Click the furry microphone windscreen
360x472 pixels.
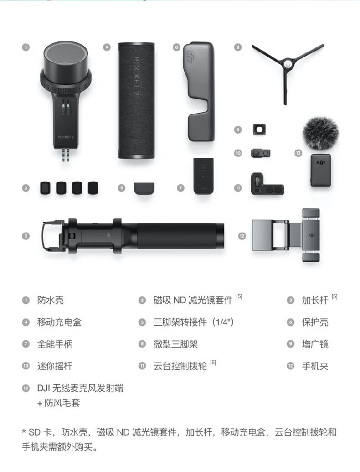tap(321, 133)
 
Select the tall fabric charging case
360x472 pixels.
tap(136, 100)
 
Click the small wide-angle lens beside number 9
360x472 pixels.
tap(259, 130)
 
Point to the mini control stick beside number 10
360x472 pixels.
tap(261, 153)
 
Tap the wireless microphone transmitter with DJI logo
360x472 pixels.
tap(321, 170)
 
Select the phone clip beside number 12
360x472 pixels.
tap(286, 235)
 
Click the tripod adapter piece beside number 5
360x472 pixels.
tap(144, 188)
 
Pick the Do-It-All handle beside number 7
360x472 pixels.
tap(204, 176)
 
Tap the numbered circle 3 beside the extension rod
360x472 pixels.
tap(26, 236)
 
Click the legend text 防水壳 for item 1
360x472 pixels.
tap(50, 300)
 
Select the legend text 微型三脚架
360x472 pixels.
tap(175, 344)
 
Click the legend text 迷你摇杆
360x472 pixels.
tap(55, 366)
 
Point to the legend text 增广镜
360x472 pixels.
tap(315, 344)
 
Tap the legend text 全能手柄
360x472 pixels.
tap(55, 344)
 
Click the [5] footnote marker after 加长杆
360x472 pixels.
tap(334, 296)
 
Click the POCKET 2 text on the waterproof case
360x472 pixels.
tap(66, 137)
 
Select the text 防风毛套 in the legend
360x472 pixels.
tap(62, 403)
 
